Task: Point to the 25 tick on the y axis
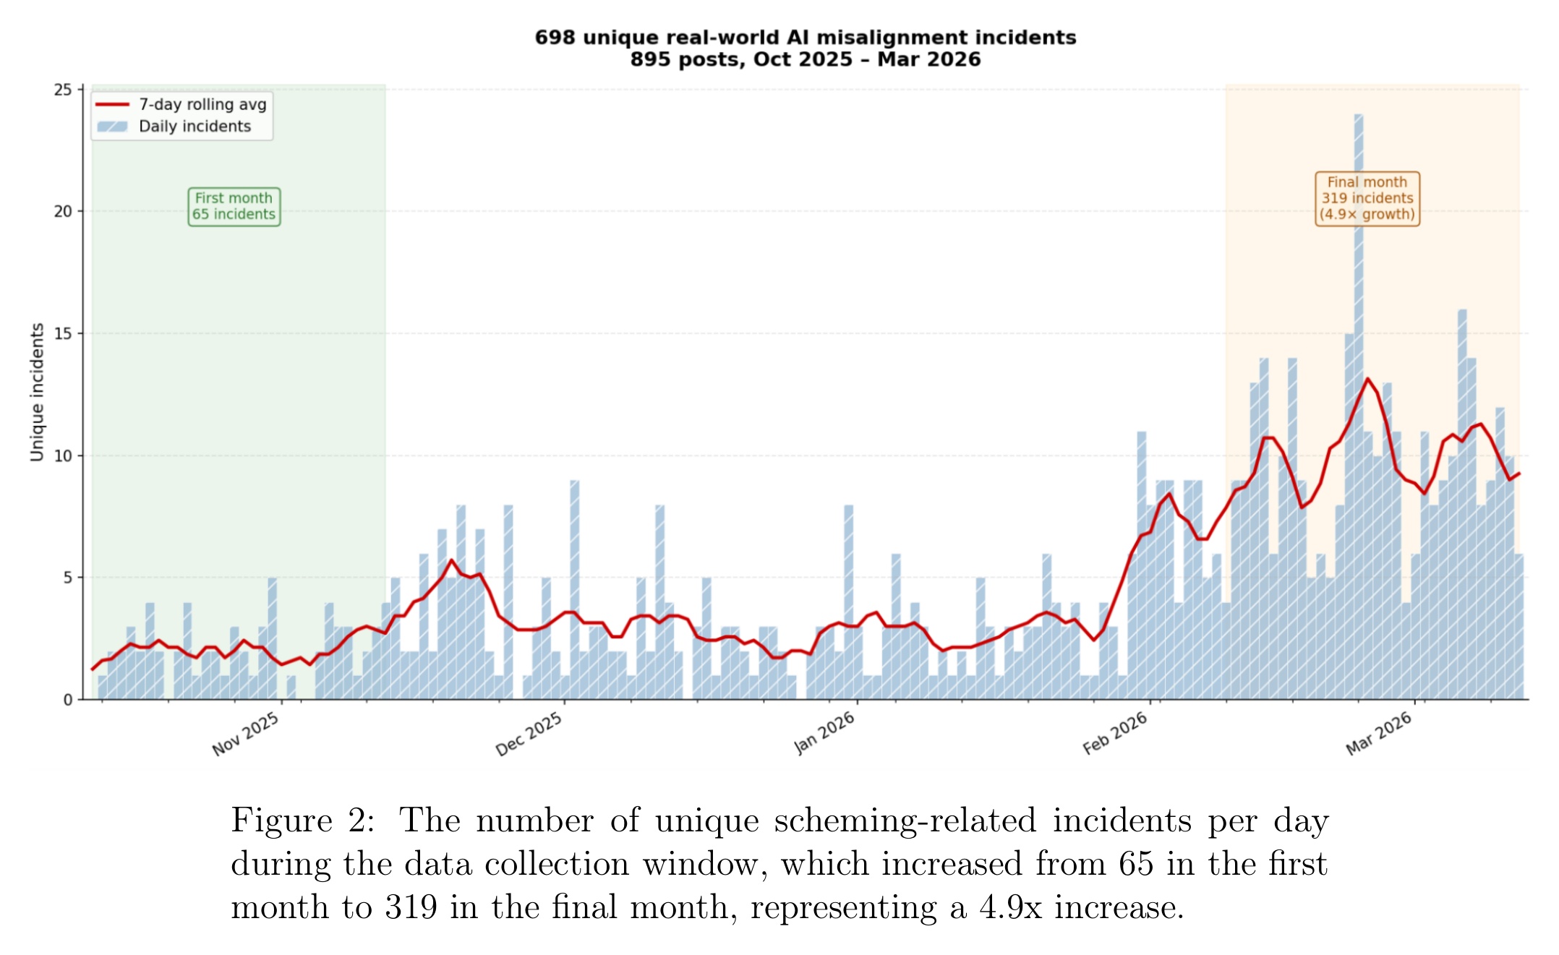[64, 90]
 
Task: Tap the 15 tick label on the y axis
[64, 334]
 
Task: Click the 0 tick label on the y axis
[68, 700]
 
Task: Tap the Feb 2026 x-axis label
[1115, 733]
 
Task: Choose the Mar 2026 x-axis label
[1379, 733]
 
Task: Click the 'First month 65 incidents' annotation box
[234, 207]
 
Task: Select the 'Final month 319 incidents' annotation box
[1367, 199]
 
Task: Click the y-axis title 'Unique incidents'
[37, 392]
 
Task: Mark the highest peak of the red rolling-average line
[1367, 379]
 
